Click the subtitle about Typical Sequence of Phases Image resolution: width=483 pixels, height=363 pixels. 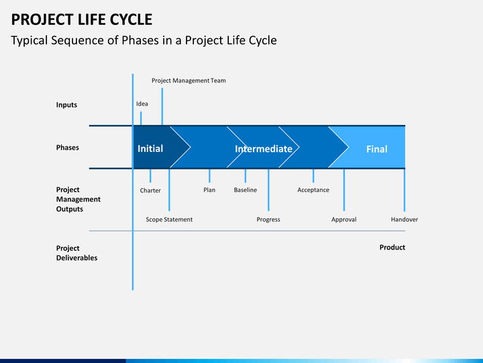click(x=144, y=40)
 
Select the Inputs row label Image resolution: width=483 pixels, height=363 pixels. click(x=66, y=105)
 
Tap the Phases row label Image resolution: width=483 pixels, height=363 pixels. click(x=67, y=148)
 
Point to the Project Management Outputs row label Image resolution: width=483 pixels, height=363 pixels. click(x=78, y=200)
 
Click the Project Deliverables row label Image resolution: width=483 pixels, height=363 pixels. click(x=76, y=253)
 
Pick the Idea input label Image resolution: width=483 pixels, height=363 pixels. click(x=142, y=104)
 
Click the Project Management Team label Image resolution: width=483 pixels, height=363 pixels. click(x=189, y=81)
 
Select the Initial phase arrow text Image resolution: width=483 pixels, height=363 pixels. click(x=150, y=149)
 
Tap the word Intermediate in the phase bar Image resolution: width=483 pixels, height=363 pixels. click(x=264, y=149)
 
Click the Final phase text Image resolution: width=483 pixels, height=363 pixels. click(x=376, y=149)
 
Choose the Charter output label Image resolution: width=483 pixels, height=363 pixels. click(x=150, y=190)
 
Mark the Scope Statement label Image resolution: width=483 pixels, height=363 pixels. click(x=169, y=220)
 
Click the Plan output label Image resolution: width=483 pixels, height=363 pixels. click(x=209, y=190)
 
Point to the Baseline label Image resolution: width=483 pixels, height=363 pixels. click(x=245, y=190)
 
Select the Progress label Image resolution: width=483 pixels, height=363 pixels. click(x=268, y=220)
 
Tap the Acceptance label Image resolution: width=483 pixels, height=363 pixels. click(x=313, y=190)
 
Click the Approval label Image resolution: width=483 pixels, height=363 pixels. click(x=344, y=220)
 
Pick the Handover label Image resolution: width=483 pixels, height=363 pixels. click(x=405, y=220)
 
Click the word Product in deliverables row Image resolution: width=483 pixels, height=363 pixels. click(x=392, y=247)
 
